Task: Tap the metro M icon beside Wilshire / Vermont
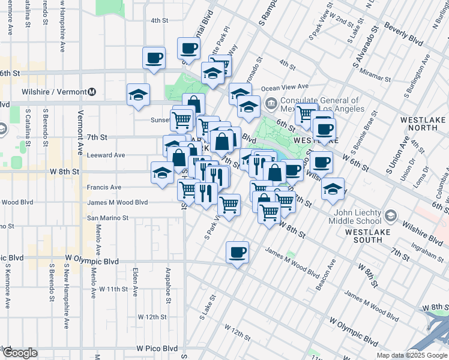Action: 92,92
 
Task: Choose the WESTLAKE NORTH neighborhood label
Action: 422,123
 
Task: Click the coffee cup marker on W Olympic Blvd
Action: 238,251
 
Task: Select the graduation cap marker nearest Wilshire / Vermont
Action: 138,95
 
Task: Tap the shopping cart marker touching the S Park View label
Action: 229,204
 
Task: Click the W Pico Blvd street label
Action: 157,348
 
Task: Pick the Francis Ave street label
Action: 104,187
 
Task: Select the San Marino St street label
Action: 108,218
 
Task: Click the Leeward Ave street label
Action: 105,155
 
